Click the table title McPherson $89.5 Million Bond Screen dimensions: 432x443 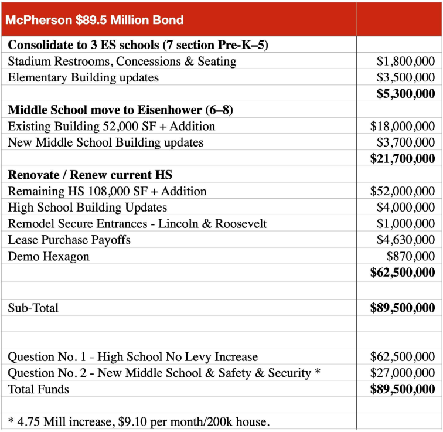pyautogui.click(x=94, y=20)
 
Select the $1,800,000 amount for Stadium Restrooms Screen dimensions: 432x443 pyautogui.click(x=405, y=61)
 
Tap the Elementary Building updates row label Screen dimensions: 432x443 pyautogui.click(x=83, y=77)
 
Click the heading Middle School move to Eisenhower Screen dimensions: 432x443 pyautogui.click(x=120, y=110)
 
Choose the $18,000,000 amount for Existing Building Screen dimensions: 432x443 pyautogui.click(x=403, y=126)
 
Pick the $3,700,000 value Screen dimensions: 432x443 pyautogui.click(x=405, y=142)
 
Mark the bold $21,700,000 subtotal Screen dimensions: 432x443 pyautogui.click(x=403, y=158)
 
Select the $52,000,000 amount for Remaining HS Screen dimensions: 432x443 pyautogui.click(x=403, y=191)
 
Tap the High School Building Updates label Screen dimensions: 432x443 pyautogui.click(x=87, y=208)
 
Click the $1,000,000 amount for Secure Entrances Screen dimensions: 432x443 pyautogui.click(x=405, y=223)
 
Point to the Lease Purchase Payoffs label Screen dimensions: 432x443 pyautogui.click(x=69, y=240)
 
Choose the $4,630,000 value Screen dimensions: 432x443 pyautogui.click(x=405, y=240)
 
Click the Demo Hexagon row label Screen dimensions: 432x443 pyautogui.click(x=49, y=256)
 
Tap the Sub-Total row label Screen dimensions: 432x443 pyautogui.click(x=33, y=308)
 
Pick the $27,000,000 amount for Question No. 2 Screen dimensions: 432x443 pyautogui.click(x=403, y=373)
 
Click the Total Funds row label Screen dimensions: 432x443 pyautogui.click(x=38, y=389)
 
